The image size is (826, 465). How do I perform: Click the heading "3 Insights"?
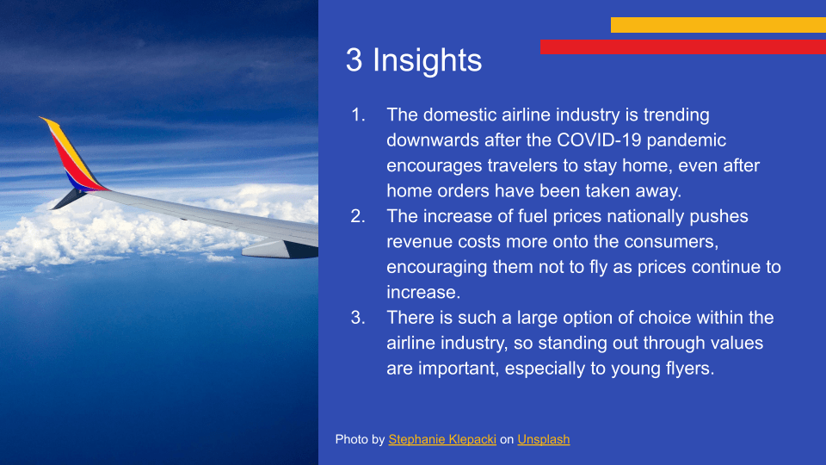[414, 59]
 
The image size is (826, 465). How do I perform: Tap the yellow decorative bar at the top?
[718, 25]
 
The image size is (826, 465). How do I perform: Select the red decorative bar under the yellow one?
[682, 46]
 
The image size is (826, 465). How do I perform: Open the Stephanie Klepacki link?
[442, 439]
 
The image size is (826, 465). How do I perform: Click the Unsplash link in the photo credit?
[543, 439]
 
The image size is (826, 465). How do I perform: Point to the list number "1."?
[358, 115]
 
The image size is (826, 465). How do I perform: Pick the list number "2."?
[358, 215]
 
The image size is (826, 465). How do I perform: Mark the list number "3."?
[358, 318]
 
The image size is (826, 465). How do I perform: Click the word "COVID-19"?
[599, 139]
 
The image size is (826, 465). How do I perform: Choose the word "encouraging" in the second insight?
[437, 267]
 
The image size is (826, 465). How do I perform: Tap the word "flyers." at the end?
[689, 368]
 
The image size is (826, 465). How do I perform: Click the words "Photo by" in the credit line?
[360, 439]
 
